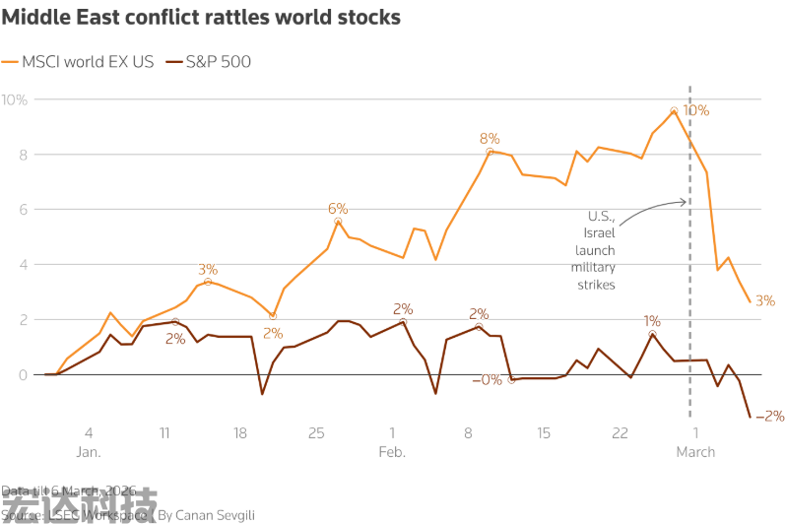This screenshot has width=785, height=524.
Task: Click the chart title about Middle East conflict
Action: click(x=201, y=18)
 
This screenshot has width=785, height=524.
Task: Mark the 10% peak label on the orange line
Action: click(x=695, y=110)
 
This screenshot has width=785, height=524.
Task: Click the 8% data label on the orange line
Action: click(x=490, y=139)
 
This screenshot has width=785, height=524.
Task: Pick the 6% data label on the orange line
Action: click(x=338, y=209)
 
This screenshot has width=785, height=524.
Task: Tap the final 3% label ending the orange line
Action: click(x=764, y=300)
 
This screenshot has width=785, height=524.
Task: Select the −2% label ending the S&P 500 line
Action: click(x=768, y=416)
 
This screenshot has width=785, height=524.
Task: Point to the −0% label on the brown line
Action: click(x=486, y=380)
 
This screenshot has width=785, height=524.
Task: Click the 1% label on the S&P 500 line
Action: click(x=652, y=321)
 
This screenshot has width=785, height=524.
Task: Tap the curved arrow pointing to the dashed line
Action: click(x=655, y=206)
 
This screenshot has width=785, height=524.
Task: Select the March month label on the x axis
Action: click(x=695, y=452)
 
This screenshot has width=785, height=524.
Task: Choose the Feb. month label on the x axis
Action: click(x=391, y=452)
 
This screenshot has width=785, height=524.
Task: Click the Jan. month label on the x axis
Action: click(x=88, y=452)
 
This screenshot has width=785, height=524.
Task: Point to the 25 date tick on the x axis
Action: click(x=316, y=432)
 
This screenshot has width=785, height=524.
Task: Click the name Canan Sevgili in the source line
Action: click(x=222, y=514)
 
